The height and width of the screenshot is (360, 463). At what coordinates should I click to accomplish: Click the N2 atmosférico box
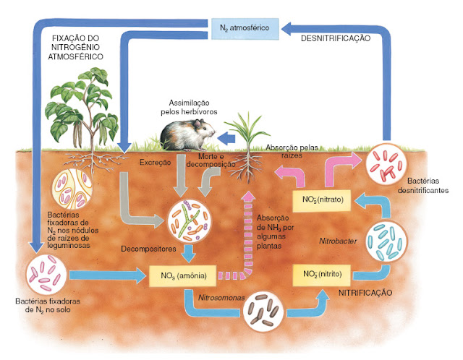245,28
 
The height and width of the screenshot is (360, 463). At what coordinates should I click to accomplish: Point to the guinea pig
187,134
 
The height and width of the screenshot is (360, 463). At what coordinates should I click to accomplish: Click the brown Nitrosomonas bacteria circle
264,315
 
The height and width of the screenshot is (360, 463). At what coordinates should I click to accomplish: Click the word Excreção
154,163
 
